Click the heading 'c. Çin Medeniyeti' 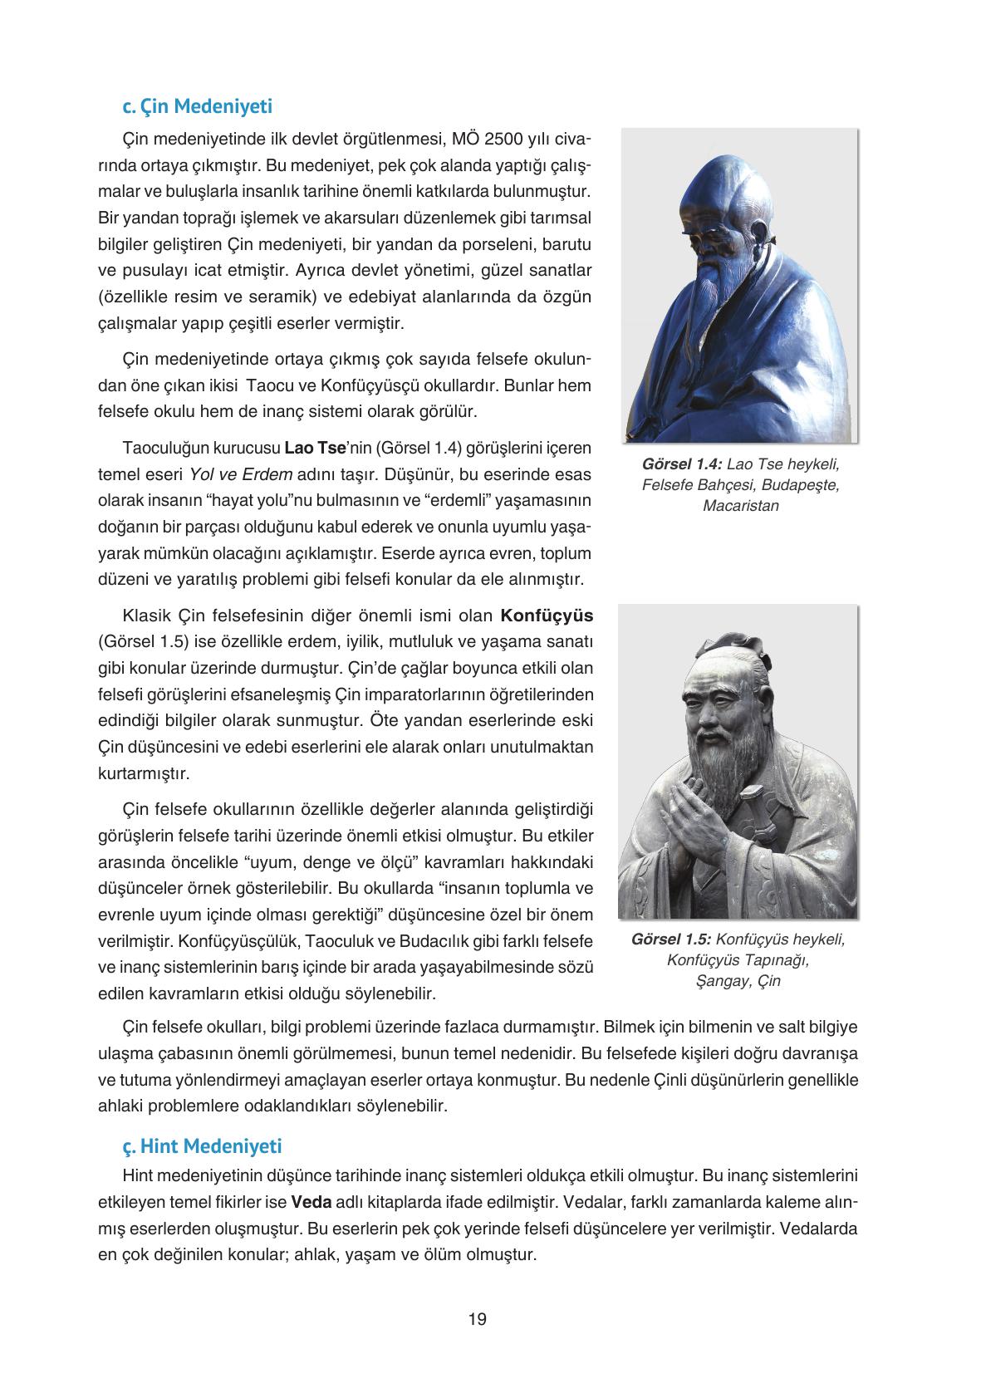[x=197, y=107]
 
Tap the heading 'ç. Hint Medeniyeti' [x=202, y=1146]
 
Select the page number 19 [x=478, y=1319]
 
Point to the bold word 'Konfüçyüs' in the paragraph [x=547, y=616]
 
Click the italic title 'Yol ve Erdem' [x=241, y=475]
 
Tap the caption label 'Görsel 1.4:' [x=681, y=464]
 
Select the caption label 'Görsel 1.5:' [x=671, y=940]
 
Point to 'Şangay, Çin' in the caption [x=738, y=981]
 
